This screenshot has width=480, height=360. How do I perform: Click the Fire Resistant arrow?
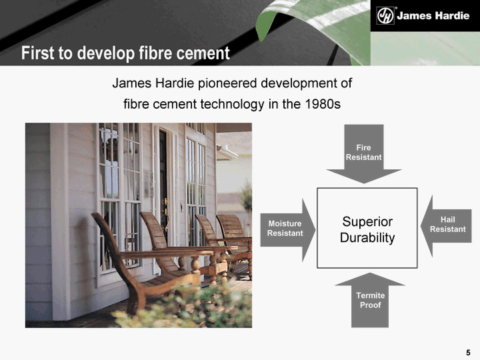pos(364,154)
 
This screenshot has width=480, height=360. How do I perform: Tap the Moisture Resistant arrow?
pos(288,230)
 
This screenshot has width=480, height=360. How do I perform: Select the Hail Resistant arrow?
pos(446,226)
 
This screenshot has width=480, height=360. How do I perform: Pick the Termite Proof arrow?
pos(370,300)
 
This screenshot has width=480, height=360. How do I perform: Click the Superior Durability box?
pos(367,228)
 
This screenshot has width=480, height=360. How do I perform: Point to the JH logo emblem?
pos(385,15)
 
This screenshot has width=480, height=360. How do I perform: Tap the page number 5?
pos(468,353)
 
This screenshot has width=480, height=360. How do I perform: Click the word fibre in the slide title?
pos(156,53)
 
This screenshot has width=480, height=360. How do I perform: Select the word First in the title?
pos(38,53)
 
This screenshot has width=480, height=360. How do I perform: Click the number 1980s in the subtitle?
pos(323,104)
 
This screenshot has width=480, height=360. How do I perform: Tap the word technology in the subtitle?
pos(233,105)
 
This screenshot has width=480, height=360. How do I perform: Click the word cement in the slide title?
pos(203,53)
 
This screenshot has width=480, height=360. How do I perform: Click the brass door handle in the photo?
pos(166,214)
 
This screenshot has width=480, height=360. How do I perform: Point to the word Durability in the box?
pos(367,237)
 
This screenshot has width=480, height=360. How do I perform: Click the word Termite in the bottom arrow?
pos(371,295)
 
